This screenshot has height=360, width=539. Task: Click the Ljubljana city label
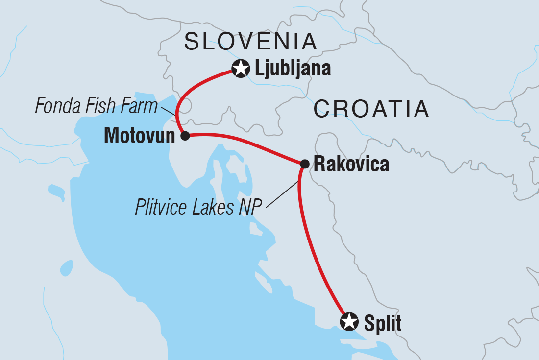click(293, 69)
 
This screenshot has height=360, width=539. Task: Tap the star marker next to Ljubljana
click(241, 69)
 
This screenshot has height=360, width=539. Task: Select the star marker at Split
click(349, 322)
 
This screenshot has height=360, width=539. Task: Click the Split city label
click(383, 323)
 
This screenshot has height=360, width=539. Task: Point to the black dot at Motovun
click(185, 136)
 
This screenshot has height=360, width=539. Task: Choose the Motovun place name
click(139, 136)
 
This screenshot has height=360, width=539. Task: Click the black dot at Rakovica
click(304, 164)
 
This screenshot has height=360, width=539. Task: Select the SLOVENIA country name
click(250, 42)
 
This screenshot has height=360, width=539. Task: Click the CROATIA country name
click(371, 109)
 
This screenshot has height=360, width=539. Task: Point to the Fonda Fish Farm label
click(96, 106)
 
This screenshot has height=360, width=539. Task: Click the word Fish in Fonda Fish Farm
click(103, 106)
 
